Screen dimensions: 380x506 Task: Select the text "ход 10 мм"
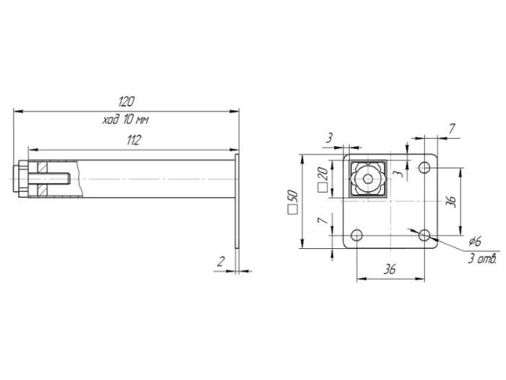(x=126, y=119)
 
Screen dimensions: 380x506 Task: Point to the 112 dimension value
(x=133, y=140)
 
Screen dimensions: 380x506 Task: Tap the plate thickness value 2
(x=220, y=263)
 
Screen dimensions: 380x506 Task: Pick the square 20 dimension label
(x=322, y=179)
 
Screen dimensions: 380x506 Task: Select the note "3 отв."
(x=481, y=258)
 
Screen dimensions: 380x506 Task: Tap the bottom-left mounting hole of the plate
(x=356, y=235)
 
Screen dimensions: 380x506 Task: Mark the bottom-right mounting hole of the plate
(x=425, y=235)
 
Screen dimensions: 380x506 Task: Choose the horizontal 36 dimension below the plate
(x=389, y=269)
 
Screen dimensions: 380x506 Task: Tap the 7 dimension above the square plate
(x=452, y=129)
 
